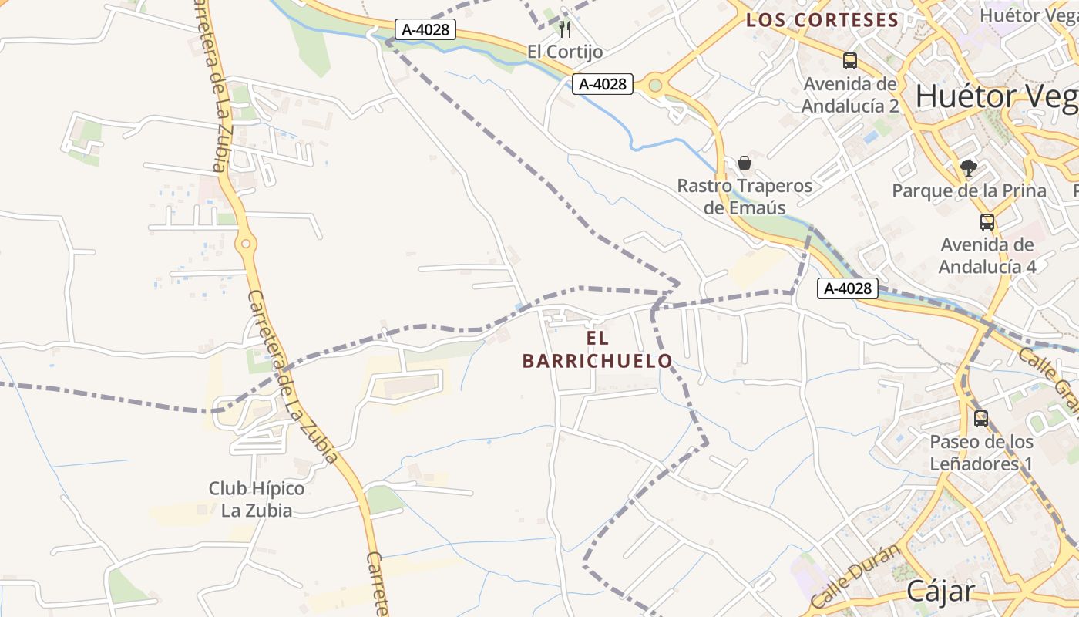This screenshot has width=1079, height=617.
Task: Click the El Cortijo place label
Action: pyautogui.click(x=564, y=51)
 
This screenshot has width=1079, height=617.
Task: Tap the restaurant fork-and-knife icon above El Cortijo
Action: pyautogui.click(x=565, y=29)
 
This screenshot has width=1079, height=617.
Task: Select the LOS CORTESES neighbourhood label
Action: pyautogui.click(x=822, y=20)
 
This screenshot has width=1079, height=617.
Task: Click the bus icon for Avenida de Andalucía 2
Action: pyautogui.click(x=850, y=61)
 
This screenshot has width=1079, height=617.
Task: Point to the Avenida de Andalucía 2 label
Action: pyautogui.click(x=850, y=95)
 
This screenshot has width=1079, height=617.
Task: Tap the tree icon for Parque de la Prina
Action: pyautogui.click(x=969, y=168)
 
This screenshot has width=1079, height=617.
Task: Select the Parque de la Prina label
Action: pyautogui.click(x=969, y=190)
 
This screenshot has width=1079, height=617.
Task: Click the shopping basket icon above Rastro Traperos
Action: pyautogui.click(x=744, y=163)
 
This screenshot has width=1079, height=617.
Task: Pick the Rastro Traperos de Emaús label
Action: pyautogui.click(x=745, y=197)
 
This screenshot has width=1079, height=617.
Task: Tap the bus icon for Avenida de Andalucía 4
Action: pyautogui.click(x=987, y=222)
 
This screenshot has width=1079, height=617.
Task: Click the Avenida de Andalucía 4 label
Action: pyautogui.click(x=987, y=255)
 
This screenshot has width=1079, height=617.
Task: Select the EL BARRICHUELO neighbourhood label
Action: pyautogui.click(x=597, y=349)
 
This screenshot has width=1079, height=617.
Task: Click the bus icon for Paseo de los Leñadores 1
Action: pyautogui.click(x=980, y=419)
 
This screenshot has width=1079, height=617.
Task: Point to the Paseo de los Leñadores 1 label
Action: pyautogui.click(x=980, y=453)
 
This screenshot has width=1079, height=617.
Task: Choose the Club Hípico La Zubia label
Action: pyautogui.click(x=257, y=499)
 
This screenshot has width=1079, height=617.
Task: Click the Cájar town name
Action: pyautogui.click(x=940, y=591)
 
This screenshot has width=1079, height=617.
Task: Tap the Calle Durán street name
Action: pyautogui.click(x=855, y=575)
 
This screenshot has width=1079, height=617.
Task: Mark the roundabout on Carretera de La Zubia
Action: pyautogui.click(x=245, y=244)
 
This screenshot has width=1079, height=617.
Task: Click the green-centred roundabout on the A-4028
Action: pyautogui.click(x=655, y=86)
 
